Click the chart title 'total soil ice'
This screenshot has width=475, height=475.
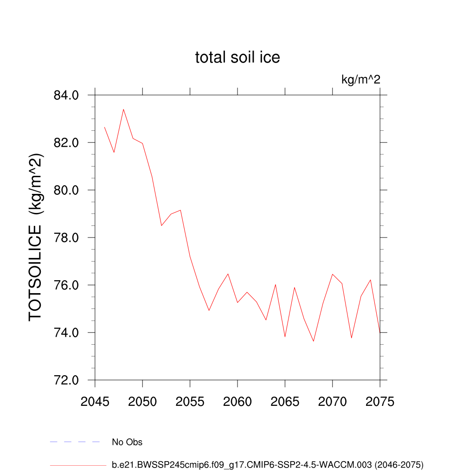pos(237,58)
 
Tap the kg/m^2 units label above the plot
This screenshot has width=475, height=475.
pos(361,80)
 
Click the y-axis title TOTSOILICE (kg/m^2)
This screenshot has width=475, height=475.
pos(36,237)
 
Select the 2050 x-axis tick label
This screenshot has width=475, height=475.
pos(142,402)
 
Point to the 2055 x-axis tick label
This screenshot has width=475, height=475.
pos(190,402)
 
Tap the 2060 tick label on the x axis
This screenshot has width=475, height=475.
pos(237,402)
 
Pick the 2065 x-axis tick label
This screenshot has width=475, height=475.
pos(285,402)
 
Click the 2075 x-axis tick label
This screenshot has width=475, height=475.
pos(380,402)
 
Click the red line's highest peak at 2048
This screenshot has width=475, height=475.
pos(123,109)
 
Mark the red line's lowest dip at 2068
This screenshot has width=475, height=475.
pos(314,341)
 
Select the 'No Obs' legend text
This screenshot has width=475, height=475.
pos(127,442)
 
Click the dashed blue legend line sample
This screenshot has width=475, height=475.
pos(75,442)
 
